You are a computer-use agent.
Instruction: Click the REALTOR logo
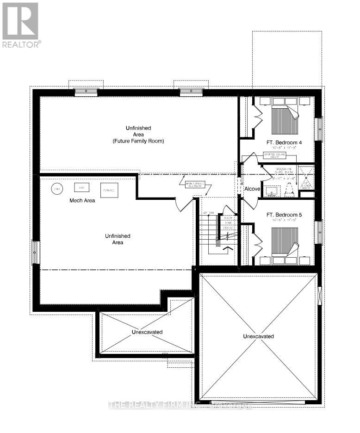click(x=20, y=25)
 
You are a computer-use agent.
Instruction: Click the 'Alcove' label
click(x=253, y=189)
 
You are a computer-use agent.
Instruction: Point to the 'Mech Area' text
click(x=82, y=200)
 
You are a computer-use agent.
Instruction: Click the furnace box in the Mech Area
click(x=109, y=190)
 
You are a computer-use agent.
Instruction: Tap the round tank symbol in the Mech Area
click(x=57, y=189)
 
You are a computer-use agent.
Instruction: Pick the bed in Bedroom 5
click(x=283, y=241)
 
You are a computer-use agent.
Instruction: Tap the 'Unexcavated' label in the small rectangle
click(x=147, y=332)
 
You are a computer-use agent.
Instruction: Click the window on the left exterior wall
click(x=36, y=252)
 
